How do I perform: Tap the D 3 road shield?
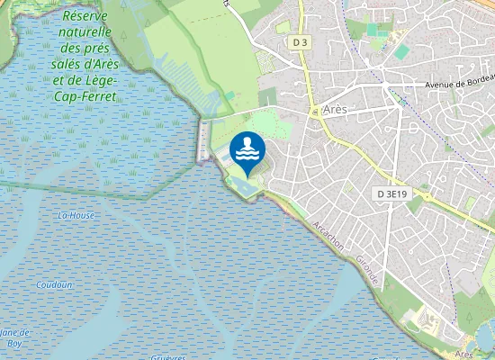301,42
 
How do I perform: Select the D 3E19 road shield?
392,193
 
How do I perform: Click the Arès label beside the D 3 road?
334,109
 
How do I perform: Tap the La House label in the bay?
76,216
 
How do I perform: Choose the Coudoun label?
53,284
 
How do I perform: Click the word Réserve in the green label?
87,17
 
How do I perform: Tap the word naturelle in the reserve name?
86,33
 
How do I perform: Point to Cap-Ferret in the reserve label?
87,95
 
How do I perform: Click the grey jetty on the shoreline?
204,141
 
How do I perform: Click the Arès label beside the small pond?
463,355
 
